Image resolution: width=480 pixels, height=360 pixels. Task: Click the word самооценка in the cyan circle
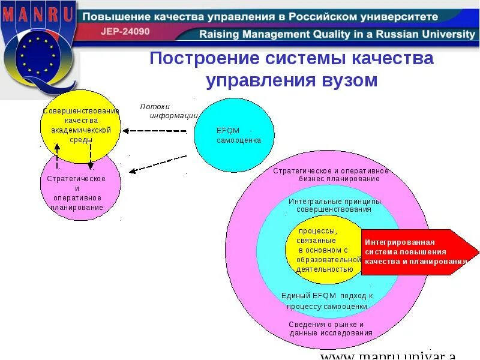coord(239,140)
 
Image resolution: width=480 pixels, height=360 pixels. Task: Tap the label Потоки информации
coord(168,111)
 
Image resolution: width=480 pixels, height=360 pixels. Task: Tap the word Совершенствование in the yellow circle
coord(81,111)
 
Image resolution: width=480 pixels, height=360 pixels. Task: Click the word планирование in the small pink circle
coord(77,208)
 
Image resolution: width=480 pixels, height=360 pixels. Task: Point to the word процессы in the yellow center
coord(318,231)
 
